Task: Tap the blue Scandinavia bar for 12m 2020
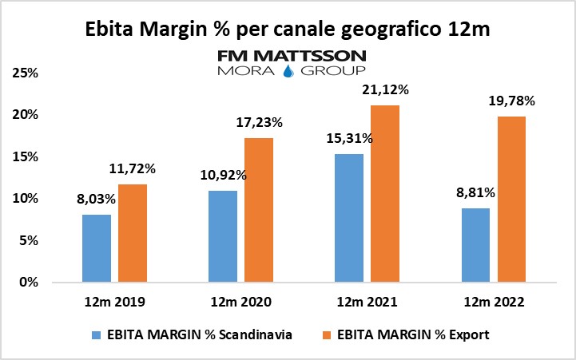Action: [223, 236]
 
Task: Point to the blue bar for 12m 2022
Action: [475, 245]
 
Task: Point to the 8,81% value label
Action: [475, 192]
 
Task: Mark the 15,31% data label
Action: [349, 138]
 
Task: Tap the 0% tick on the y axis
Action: [30, 283]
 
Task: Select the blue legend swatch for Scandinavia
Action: [97, 334]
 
